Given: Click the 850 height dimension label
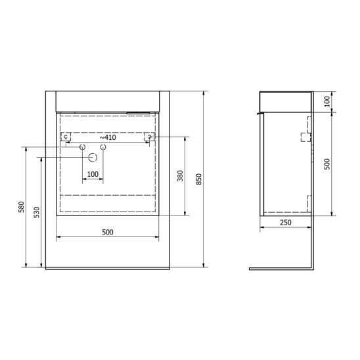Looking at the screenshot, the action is click(x=199, y=179).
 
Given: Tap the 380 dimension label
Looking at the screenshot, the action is click(x=181, y=176).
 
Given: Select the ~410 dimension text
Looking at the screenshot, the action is click(x=108, y=137).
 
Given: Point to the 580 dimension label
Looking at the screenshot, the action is click(x=22, y=207).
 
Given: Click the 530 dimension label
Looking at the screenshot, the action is click(x=37, y=212).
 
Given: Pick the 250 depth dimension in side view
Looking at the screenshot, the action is click(x=286, y=222).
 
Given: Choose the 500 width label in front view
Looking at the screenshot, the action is click(x=108, y=232).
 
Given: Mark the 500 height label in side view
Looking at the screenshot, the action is click(x=327, y=164).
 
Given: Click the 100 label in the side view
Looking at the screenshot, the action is click(x=327, y=101).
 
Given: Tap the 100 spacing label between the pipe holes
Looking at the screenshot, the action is click(x=93, y=174).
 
